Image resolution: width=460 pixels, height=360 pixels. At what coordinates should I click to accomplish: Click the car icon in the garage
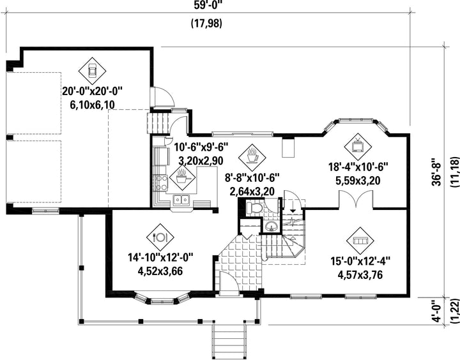[93, 68]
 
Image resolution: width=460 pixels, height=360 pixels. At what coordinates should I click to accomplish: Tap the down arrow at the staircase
[293, 207]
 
